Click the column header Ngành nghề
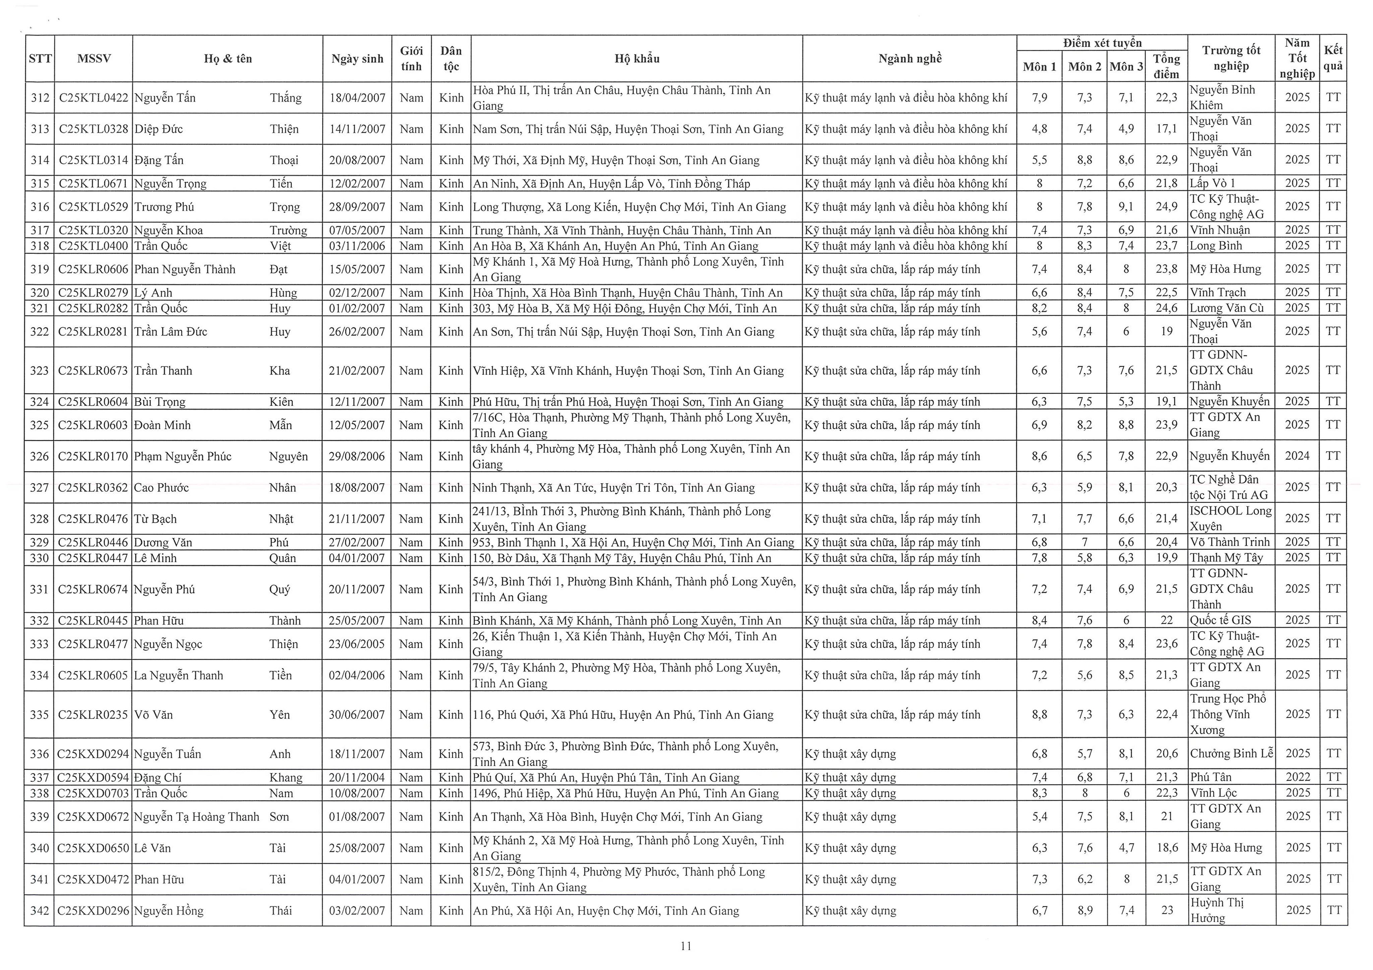909,59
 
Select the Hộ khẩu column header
637,59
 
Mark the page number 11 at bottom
686,946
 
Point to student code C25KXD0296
93,911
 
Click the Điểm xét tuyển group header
1102,43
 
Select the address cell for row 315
611,184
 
